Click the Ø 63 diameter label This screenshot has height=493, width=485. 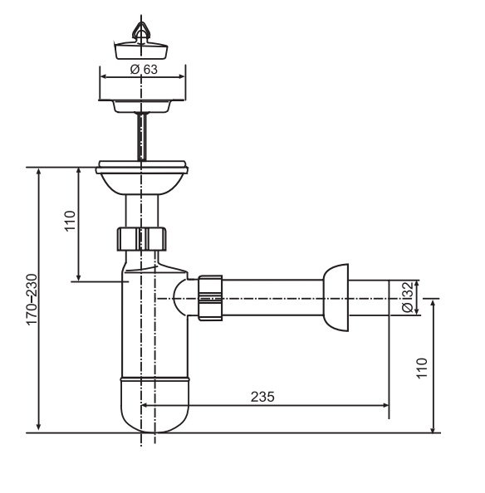(144, 70)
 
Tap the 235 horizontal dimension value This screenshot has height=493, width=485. (262, 397)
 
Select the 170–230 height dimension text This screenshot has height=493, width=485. (32, 300)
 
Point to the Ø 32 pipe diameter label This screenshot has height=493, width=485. (407, 297)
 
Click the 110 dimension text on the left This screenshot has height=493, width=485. (70, 221)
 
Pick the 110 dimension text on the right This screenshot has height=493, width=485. (422, 369)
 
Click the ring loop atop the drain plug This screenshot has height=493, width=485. (141, 29)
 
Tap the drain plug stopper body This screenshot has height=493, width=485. (141, 50)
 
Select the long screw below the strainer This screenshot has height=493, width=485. (142, 136)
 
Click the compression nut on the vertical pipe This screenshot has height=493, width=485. (142, 239)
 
